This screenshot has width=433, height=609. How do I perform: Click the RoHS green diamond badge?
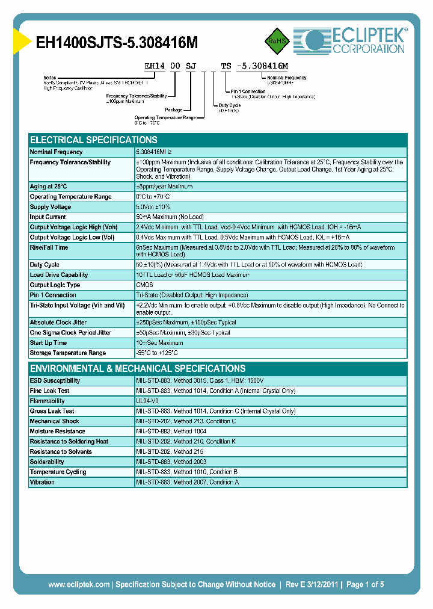click(277, 41)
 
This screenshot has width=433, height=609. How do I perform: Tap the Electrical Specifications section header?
click(94, 140)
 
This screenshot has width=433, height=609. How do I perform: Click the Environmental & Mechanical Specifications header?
click(138, 368)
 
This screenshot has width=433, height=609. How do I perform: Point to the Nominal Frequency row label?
click(57, 152)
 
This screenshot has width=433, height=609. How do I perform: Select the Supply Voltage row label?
click(51, 207)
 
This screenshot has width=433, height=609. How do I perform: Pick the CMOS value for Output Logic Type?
click(145, 285)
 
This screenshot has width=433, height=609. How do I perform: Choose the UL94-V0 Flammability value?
click(147, 401)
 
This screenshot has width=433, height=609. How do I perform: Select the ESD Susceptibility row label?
click(55, 381)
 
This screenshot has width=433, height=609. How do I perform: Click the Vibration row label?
click(42, 482)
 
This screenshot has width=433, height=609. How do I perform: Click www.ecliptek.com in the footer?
click(79, 584)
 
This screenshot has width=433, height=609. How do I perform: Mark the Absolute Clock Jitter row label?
click(59, 323)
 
